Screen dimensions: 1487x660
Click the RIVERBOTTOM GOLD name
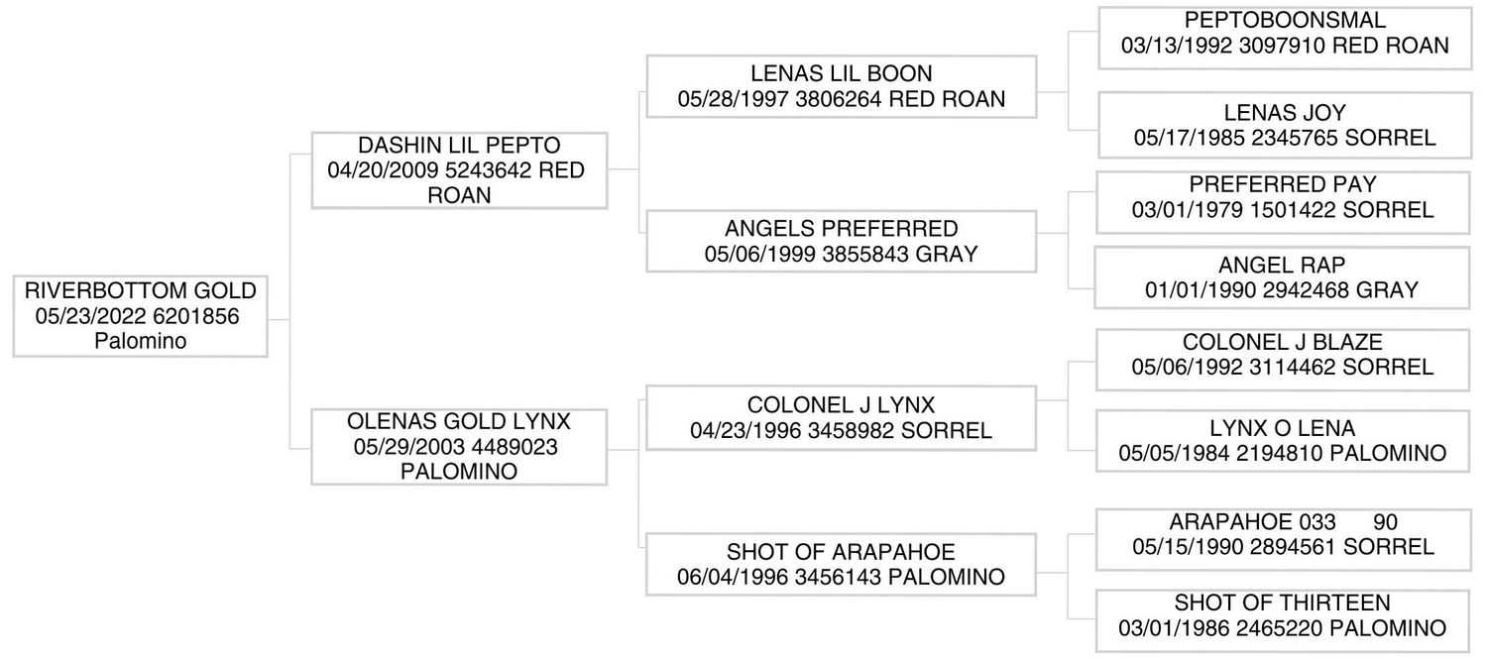coord(140,290)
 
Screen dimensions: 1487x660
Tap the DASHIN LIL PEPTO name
coord(459,146)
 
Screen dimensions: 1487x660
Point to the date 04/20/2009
coord(383,169)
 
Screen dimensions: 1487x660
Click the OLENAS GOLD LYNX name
coord(459,421)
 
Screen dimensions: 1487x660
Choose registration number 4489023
coord(515,446)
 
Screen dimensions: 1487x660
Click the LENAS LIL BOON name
coord(841,73)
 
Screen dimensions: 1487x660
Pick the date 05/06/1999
coord(759,254)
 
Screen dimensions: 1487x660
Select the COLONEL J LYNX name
coord(841,404)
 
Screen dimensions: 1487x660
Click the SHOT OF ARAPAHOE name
coord(841,552)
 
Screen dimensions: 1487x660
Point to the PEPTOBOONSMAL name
coord(1285,20)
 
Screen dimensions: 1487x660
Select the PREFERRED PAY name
coord(1283,183)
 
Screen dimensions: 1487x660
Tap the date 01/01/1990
coord(1201,290)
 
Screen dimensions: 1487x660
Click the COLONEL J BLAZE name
coord(1282,342)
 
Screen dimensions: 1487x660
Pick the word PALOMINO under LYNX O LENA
coord(1388,452)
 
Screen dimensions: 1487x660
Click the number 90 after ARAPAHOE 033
coord(1386,522)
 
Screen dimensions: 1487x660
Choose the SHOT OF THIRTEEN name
coord(1282,603)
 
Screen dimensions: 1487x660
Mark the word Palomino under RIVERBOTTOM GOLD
coord(140,340)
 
